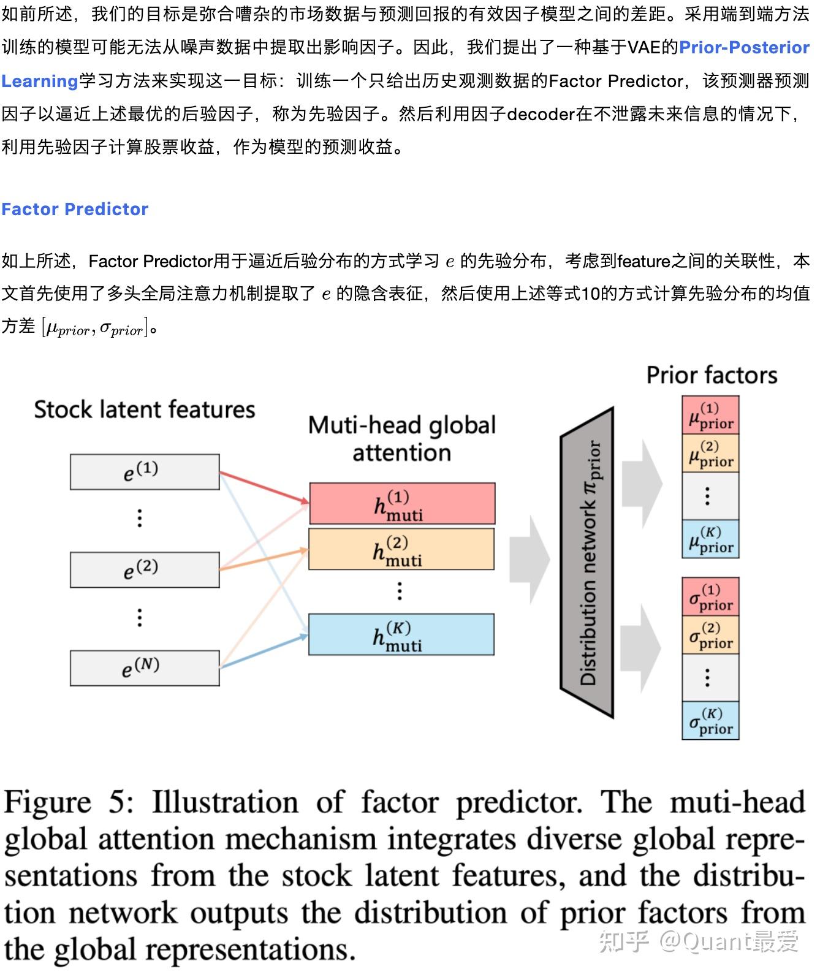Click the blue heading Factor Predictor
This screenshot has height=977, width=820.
[x=75, y=210]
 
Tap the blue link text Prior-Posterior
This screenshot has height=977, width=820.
[x=744, y=48]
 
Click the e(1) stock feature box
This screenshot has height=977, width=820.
[x=145, y=472]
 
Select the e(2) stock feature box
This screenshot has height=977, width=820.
[x=145, y=570]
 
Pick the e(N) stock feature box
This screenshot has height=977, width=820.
[x=145, y=668]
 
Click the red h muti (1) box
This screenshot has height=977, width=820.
[x=402, y=504]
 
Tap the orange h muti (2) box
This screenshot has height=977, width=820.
[x=401, y=550]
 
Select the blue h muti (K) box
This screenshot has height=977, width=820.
[x=401, y=635]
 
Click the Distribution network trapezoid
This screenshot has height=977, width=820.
[x=587, y=563]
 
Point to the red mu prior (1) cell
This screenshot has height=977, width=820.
[x=710, y=416]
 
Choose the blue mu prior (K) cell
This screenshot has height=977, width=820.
[x=710, y=539]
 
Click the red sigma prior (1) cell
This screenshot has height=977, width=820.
[x=710, y=597]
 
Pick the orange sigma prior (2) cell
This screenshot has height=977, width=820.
[x=710, y=635]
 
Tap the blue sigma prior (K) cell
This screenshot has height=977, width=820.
[x=710, y=721]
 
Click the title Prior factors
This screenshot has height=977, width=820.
[x=712, y=375]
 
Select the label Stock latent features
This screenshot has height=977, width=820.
[x=145, y=409]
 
